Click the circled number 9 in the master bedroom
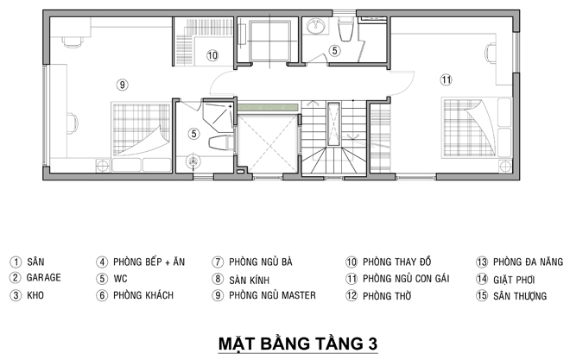coord(123,85)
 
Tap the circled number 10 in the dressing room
coord(212,55)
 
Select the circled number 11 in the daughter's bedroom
coord(446,79)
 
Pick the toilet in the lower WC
coord(221,142)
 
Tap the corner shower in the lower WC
coord(218,117)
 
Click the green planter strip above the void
coord(268,108)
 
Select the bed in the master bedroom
coord(141,137)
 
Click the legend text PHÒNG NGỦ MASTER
coord(272,295)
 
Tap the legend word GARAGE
coord(44,277)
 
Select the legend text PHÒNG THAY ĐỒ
coord(397,262)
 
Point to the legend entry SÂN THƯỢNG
coord(520,296)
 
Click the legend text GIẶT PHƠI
coord(514,280)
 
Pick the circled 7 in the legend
coord(218,262)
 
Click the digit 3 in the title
coord(372,344)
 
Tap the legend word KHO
coord(35,295)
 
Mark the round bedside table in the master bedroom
coord(103,166)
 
